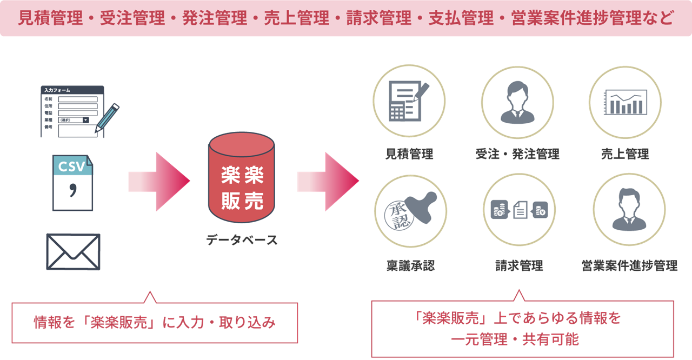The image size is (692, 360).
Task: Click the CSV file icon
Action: (72, 183)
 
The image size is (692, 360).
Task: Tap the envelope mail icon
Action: (73, 252)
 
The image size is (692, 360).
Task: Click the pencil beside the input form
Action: (107, 118)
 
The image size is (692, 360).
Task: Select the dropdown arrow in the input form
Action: (86, 120)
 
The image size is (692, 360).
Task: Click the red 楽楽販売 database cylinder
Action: (242, 177)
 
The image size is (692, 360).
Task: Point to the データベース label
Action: (242, 240)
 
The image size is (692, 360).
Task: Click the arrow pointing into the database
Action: (159, 182)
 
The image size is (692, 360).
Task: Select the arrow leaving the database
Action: (328, 182)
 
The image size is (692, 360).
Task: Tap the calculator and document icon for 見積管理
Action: (408, 101)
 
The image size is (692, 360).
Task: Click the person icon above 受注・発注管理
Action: (517, 103)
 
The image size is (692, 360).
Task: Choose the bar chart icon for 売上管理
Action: (626, 102)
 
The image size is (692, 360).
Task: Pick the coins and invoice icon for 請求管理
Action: (520, 210)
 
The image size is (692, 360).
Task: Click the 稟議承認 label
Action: (410, 265)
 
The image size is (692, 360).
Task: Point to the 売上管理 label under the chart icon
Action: (625, 154)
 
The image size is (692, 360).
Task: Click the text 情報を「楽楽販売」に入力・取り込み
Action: (155, 323)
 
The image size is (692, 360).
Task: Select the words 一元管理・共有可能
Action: (515, 339)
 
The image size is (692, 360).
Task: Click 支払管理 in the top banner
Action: (461, 18)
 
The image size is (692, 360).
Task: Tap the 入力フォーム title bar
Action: (72, 90)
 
